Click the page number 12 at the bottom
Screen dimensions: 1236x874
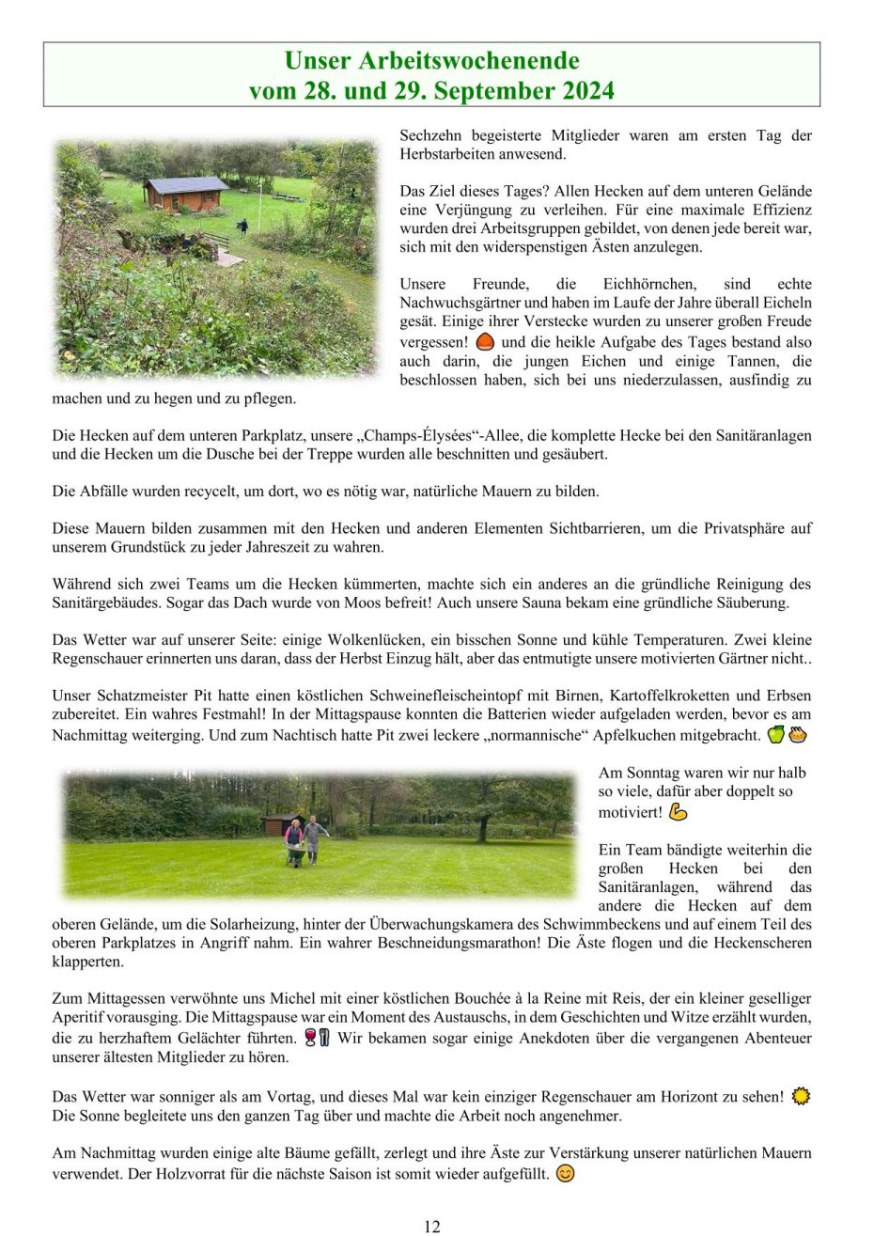pyautogui.click(x=432, y=1226)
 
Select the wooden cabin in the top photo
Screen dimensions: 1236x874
pyautogui.click(x=185, y=193)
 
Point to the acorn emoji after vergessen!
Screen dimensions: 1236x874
pyautogui.click(x=486, y=342)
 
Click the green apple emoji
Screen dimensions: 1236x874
pyautogui.click(x=775, y=735)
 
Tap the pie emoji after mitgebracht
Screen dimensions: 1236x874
pyautogui.click(x=798, y=735)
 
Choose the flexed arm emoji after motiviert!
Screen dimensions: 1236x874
pyautogui.click(x=679, y=811)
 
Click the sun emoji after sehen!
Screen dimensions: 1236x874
pyautogui.click(x=801, y=1096)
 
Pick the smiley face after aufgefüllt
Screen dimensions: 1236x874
pyautogui.click(x=565, y=1173)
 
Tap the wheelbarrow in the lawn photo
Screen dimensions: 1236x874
pyautogui.click(x=296, y=854)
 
